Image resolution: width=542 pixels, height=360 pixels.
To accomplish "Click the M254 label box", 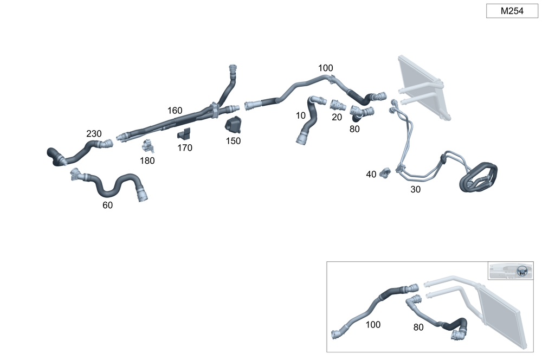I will [512, 11].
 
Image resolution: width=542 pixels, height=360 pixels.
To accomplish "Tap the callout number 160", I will [175, 111].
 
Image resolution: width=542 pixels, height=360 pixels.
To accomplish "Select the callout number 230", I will [94, 133].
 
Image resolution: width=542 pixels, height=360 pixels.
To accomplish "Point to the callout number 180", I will [147, 160].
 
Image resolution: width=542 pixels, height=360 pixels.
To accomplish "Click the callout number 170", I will [184, 147].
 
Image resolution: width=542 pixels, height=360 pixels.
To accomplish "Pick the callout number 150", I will [234, 141].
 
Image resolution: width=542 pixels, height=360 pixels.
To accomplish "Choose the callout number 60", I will [107, 205].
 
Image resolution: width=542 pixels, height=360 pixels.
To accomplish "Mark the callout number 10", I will [301, 115].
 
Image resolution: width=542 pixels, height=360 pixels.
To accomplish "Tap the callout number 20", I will [337, 117].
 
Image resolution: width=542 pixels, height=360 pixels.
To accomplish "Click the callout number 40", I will [371, 174].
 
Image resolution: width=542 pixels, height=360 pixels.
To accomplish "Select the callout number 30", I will [415, 190].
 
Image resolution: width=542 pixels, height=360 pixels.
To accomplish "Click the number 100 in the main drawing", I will [326, 68].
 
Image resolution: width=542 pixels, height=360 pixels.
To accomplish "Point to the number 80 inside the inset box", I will [418, 327].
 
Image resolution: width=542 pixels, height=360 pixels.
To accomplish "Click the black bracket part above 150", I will [234, 125].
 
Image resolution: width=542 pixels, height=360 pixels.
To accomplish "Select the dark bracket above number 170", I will [184, 134].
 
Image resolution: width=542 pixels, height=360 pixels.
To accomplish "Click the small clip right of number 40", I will [385, 172].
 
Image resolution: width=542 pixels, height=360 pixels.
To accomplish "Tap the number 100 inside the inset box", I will [373, 325].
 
